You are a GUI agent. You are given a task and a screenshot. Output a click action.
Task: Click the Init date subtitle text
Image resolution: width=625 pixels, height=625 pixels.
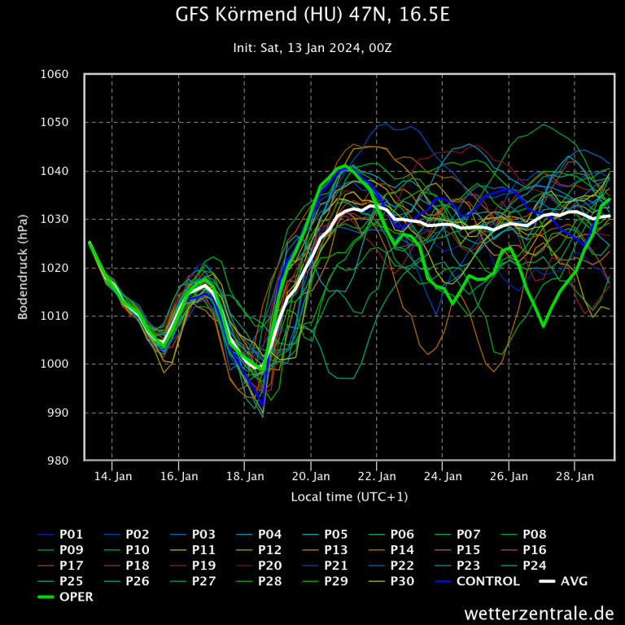[312, 48]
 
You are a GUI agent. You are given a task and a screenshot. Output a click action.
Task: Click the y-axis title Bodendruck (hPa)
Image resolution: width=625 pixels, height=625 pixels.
[24, 268]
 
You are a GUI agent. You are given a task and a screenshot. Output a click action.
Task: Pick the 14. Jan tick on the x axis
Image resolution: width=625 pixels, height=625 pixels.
[113, 476]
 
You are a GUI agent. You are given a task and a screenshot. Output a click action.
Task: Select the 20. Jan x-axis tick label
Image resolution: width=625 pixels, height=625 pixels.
[312, 476]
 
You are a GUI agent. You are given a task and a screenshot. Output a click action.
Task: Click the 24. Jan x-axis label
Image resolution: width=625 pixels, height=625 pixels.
[444, 476]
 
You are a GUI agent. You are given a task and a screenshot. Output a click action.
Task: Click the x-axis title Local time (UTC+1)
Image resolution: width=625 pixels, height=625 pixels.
[349, 496]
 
